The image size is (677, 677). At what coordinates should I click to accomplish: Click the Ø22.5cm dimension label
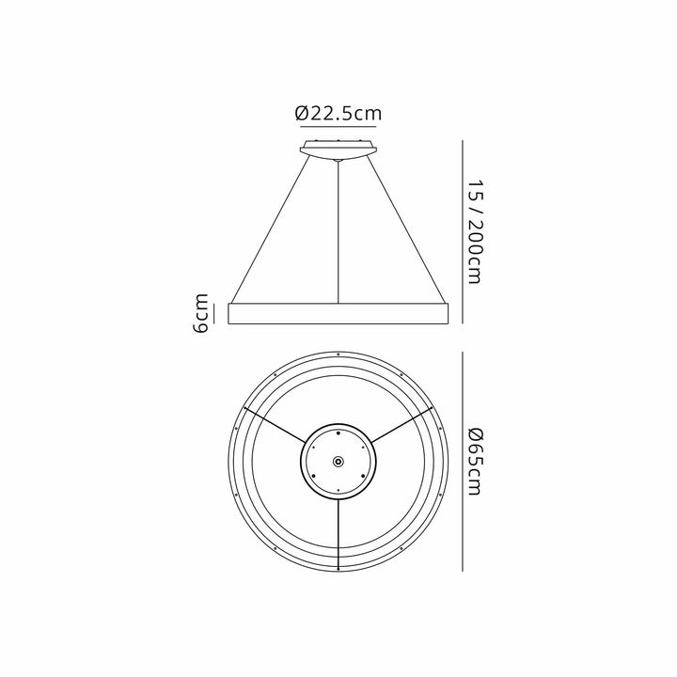tap(338, 113)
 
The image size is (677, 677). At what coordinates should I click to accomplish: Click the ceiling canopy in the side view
tap(338, 149)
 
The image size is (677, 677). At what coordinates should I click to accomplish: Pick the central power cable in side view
tap(338, 235)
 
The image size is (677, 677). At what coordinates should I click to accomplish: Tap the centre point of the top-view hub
tap(338, 461)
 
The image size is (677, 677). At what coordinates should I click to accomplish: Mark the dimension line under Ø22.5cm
tap(338, 129)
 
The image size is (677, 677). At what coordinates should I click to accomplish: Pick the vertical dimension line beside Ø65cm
tap(463, 461)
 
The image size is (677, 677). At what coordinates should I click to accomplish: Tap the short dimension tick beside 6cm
tap(216, 313)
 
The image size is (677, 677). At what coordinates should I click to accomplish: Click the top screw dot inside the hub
tap(338, 432)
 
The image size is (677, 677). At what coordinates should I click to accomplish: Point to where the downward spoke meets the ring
tap(338, 559)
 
